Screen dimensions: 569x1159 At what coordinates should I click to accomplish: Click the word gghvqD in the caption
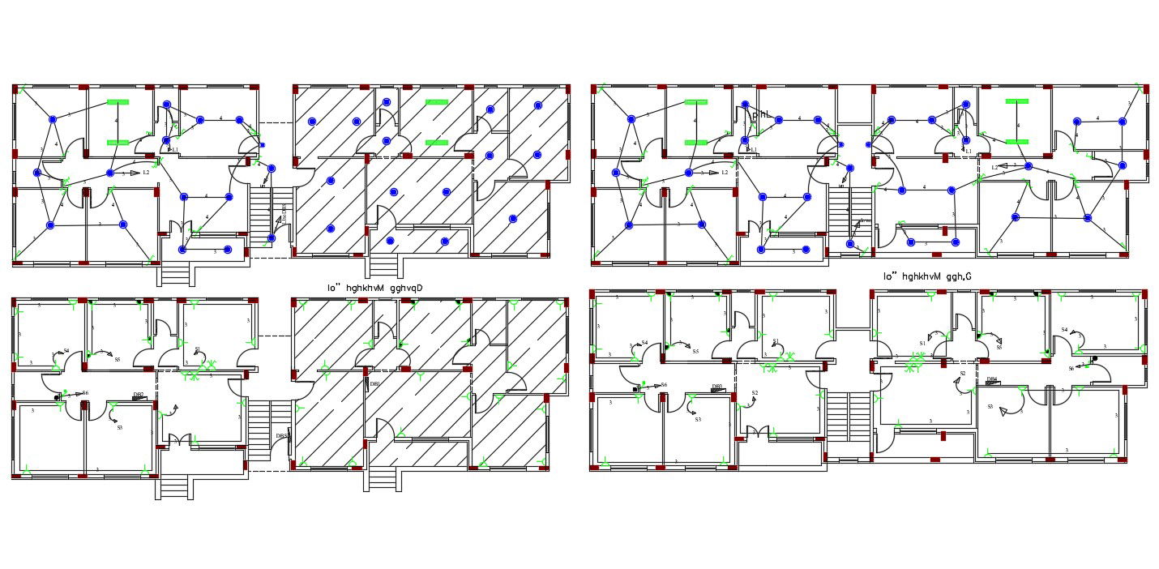point(406,288)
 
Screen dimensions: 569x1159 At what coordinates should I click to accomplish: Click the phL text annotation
point(759,115)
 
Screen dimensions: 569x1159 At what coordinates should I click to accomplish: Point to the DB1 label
point(374,384)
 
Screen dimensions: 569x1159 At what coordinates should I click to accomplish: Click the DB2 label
point(139,395)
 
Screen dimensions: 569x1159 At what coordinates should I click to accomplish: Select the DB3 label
point(716,387)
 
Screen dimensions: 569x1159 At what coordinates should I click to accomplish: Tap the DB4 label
point(991,379)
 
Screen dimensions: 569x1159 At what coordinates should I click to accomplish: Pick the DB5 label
point(281,436)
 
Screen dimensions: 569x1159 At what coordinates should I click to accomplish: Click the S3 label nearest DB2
point(119,427)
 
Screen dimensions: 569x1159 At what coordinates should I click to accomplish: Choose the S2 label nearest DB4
point(963,374)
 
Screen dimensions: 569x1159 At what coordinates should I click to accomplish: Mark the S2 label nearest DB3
point(755,393)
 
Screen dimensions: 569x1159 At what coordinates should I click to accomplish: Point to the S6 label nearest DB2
point(84,393)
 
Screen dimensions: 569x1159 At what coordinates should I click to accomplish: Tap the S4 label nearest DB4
point(1064,330)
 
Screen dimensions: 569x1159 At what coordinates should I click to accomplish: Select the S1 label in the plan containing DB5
point(198,349)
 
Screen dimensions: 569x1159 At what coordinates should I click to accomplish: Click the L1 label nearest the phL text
point(754,150)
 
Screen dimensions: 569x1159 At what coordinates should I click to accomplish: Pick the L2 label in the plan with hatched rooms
point(146,173)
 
